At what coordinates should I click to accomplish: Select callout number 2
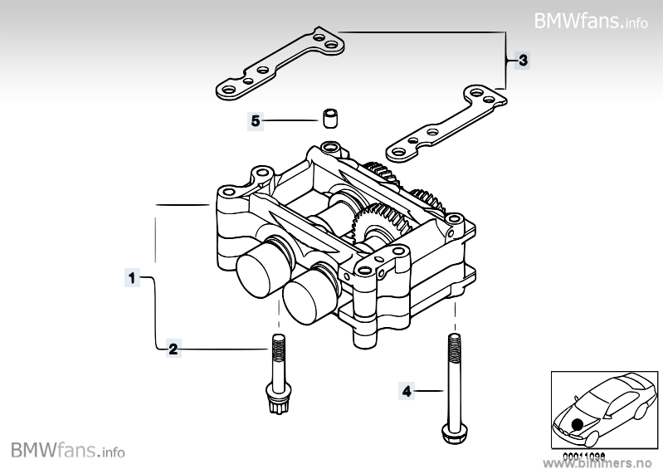pos(173,349)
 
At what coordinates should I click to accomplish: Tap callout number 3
pos(522,60)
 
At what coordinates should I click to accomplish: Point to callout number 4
pos(407,389)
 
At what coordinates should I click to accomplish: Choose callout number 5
pos(256,121)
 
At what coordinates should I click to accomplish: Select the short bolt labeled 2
pos(276,365)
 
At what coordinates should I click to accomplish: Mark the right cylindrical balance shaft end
pos(308,297)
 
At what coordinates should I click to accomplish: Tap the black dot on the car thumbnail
pos(578,424)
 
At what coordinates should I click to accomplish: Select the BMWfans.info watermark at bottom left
pos(69,451)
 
